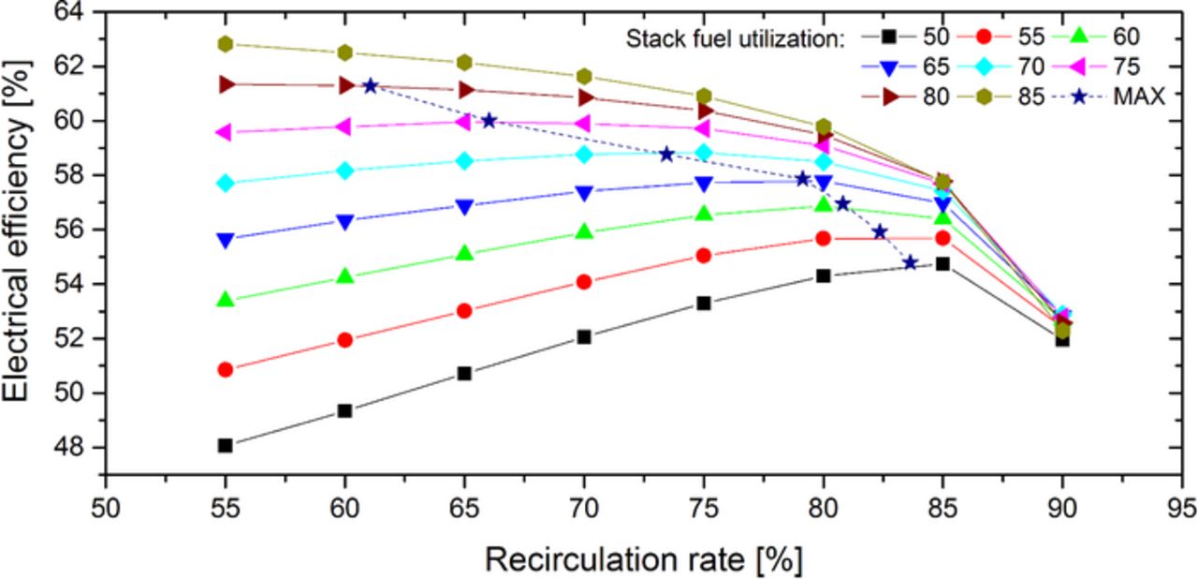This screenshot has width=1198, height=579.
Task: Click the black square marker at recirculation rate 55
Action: click(225, 445)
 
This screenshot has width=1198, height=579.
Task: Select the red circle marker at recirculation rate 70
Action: click(584, 281)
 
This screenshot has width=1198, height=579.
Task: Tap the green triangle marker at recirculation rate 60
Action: click(344, 276)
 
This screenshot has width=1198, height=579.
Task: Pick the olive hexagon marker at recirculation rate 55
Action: click(225, 44)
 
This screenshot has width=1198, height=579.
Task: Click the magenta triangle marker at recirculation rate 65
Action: click(463, 122)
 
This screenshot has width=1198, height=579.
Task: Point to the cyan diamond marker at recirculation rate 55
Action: click(225, 183)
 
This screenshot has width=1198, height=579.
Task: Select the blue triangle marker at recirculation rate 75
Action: click(704, 183)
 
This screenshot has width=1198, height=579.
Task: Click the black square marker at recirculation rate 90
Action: click(1062, 339)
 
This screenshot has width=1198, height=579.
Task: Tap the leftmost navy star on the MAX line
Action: click(370, 85)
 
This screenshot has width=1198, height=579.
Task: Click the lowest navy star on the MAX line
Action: click(910, 263)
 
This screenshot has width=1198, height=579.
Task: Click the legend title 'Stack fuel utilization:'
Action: click(736, 39)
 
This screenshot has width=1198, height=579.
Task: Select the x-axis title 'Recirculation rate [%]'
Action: click(643, 559)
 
